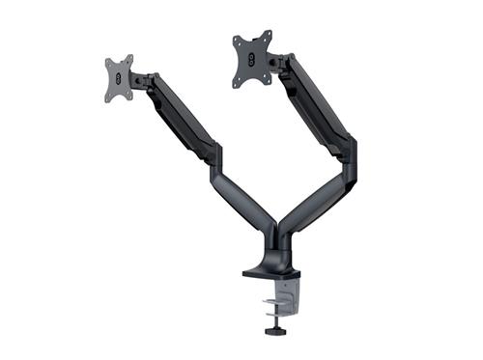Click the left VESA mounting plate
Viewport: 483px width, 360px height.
click(x=119, y=77)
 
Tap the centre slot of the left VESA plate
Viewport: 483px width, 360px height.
click(x=118, y=76)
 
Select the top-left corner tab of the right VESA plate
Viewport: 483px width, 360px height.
click(x=237, y=41)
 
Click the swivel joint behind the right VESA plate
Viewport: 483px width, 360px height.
click(x=277, y=62)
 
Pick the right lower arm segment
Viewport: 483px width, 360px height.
click(x=314, y=198)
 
